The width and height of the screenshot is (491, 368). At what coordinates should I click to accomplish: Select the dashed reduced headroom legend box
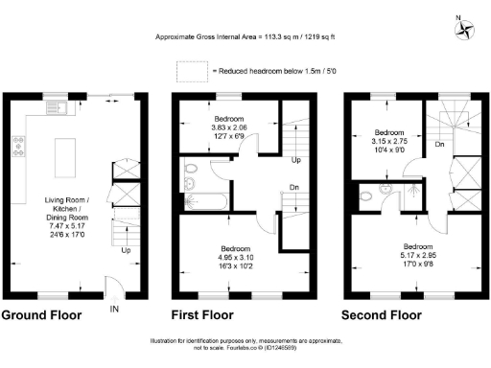[191, 71]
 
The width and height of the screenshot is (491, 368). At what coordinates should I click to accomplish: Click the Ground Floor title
[41, 314]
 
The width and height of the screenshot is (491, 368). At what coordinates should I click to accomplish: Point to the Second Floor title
[381, 314]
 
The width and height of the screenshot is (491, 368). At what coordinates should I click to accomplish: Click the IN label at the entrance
[115, 310]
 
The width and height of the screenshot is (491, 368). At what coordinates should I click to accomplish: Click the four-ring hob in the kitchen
[18, 146]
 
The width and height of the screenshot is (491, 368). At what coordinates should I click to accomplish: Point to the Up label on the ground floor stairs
[125, 252]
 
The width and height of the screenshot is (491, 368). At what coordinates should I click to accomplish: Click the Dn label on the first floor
[296, 188]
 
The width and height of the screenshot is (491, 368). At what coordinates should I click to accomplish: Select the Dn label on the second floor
[439, 145]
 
